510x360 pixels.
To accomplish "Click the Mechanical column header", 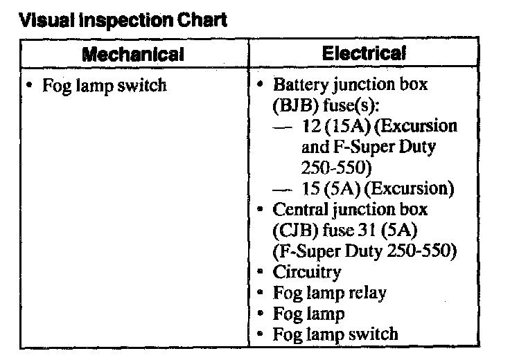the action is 132,53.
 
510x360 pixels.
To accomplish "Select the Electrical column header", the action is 364,53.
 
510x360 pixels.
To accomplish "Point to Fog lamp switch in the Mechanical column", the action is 104,87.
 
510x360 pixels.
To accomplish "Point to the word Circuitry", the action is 307,272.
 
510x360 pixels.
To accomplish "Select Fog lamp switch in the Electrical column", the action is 335,334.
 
